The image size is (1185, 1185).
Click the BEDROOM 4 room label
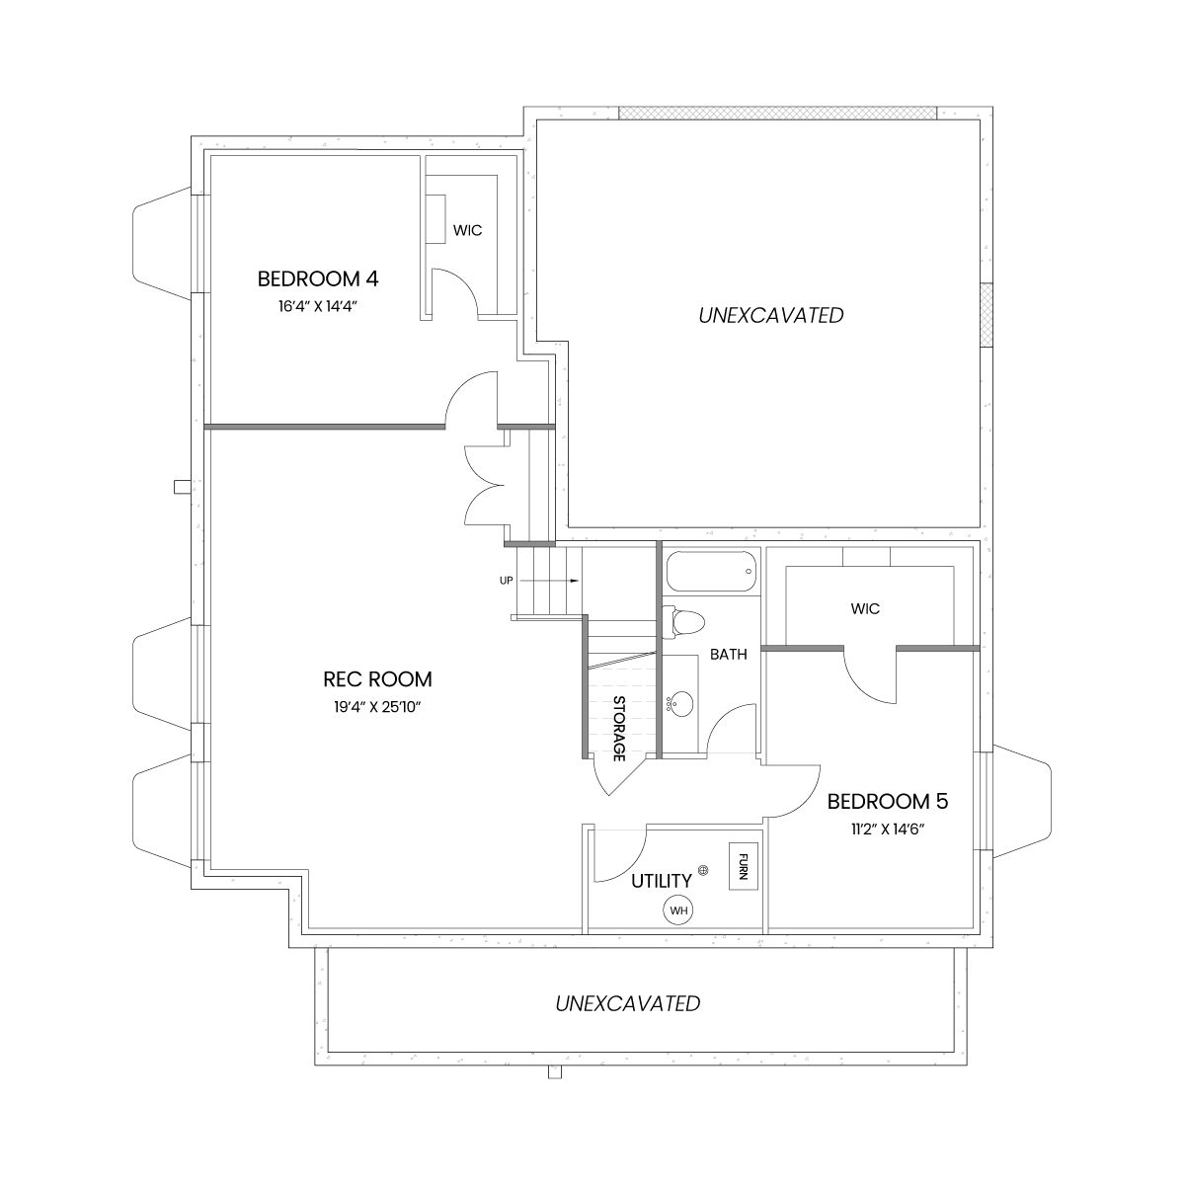[x=318, y=279]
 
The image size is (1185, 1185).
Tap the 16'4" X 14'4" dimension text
[x=318, y=306]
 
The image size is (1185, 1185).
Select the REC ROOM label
[x=377, y=679]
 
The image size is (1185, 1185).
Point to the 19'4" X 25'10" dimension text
[x=377, y=707]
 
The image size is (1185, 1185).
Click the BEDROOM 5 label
[x=888, y=802]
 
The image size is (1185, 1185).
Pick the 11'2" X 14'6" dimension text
[x=888, y=829]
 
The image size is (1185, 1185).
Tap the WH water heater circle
[x=678, y=910]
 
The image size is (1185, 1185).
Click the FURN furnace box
[x=743, y=866]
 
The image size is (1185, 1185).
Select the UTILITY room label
[x=662, y=881]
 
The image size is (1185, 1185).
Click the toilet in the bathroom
[x=682, y=621]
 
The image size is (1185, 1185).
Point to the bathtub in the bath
[x=711, y=572]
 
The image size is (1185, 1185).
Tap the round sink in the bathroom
[x=681, y=702]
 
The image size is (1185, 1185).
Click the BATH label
[x=729, y=655]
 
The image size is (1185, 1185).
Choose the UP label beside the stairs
[x=507, y=581]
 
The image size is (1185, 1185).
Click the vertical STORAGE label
[x=618, y=728]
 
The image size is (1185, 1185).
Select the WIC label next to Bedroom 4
[x=467, y=231]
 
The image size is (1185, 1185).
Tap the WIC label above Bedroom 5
[x=865, y=609]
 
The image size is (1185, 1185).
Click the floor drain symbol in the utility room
[x=704, y=870]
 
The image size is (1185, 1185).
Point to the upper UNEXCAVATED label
[x=771, y=315]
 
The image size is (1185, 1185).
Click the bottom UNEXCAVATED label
[x=628, y=1003]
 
